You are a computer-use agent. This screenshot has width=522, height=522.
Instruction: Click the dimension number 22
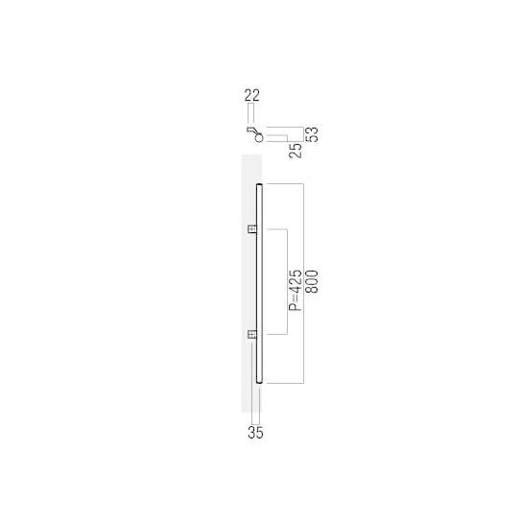point(252,94)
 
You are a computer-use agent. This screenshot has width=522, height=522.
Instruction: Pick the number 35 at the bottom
point(254,432)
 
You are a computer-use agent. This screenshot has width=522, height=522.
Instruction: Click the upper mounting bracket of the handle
point(251,229)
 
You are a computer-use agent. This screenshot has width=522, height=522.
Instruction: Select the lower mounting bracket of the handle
point(251,334)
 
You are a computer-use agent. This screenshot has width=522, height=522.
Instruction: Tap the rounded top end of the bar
point(259,184)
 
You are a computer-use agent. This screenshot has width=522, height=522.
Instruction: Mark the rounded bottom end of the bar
point(259,380)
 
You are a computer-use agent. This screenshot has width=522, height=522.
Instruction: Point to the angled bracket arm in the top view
point(250,129)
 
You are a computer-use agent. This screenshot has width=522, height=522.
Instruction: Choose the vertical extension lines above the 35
point(254,403)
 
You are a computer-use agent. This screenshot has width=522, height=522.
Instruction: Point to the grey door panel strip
point(246,288)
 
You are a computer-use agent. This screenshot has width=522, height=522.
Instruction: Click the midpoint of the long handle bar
point(259,282)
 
